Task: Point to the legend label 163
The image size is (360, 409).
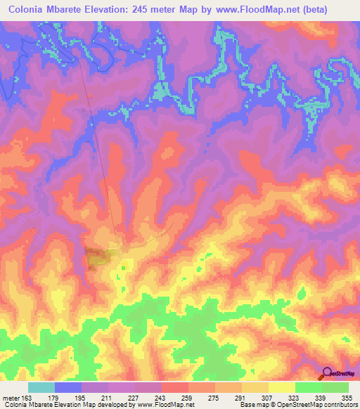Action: pos(27,398)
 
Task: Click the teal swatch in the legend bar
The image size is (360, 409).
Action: pos(41,388)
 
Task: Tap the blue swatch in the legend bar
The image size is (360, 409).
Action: pos(68,388)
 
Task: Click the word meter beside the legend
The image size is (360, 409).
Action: pos(10,398)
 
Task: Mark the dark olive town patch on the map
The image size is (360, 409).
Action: pos(96,257)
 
